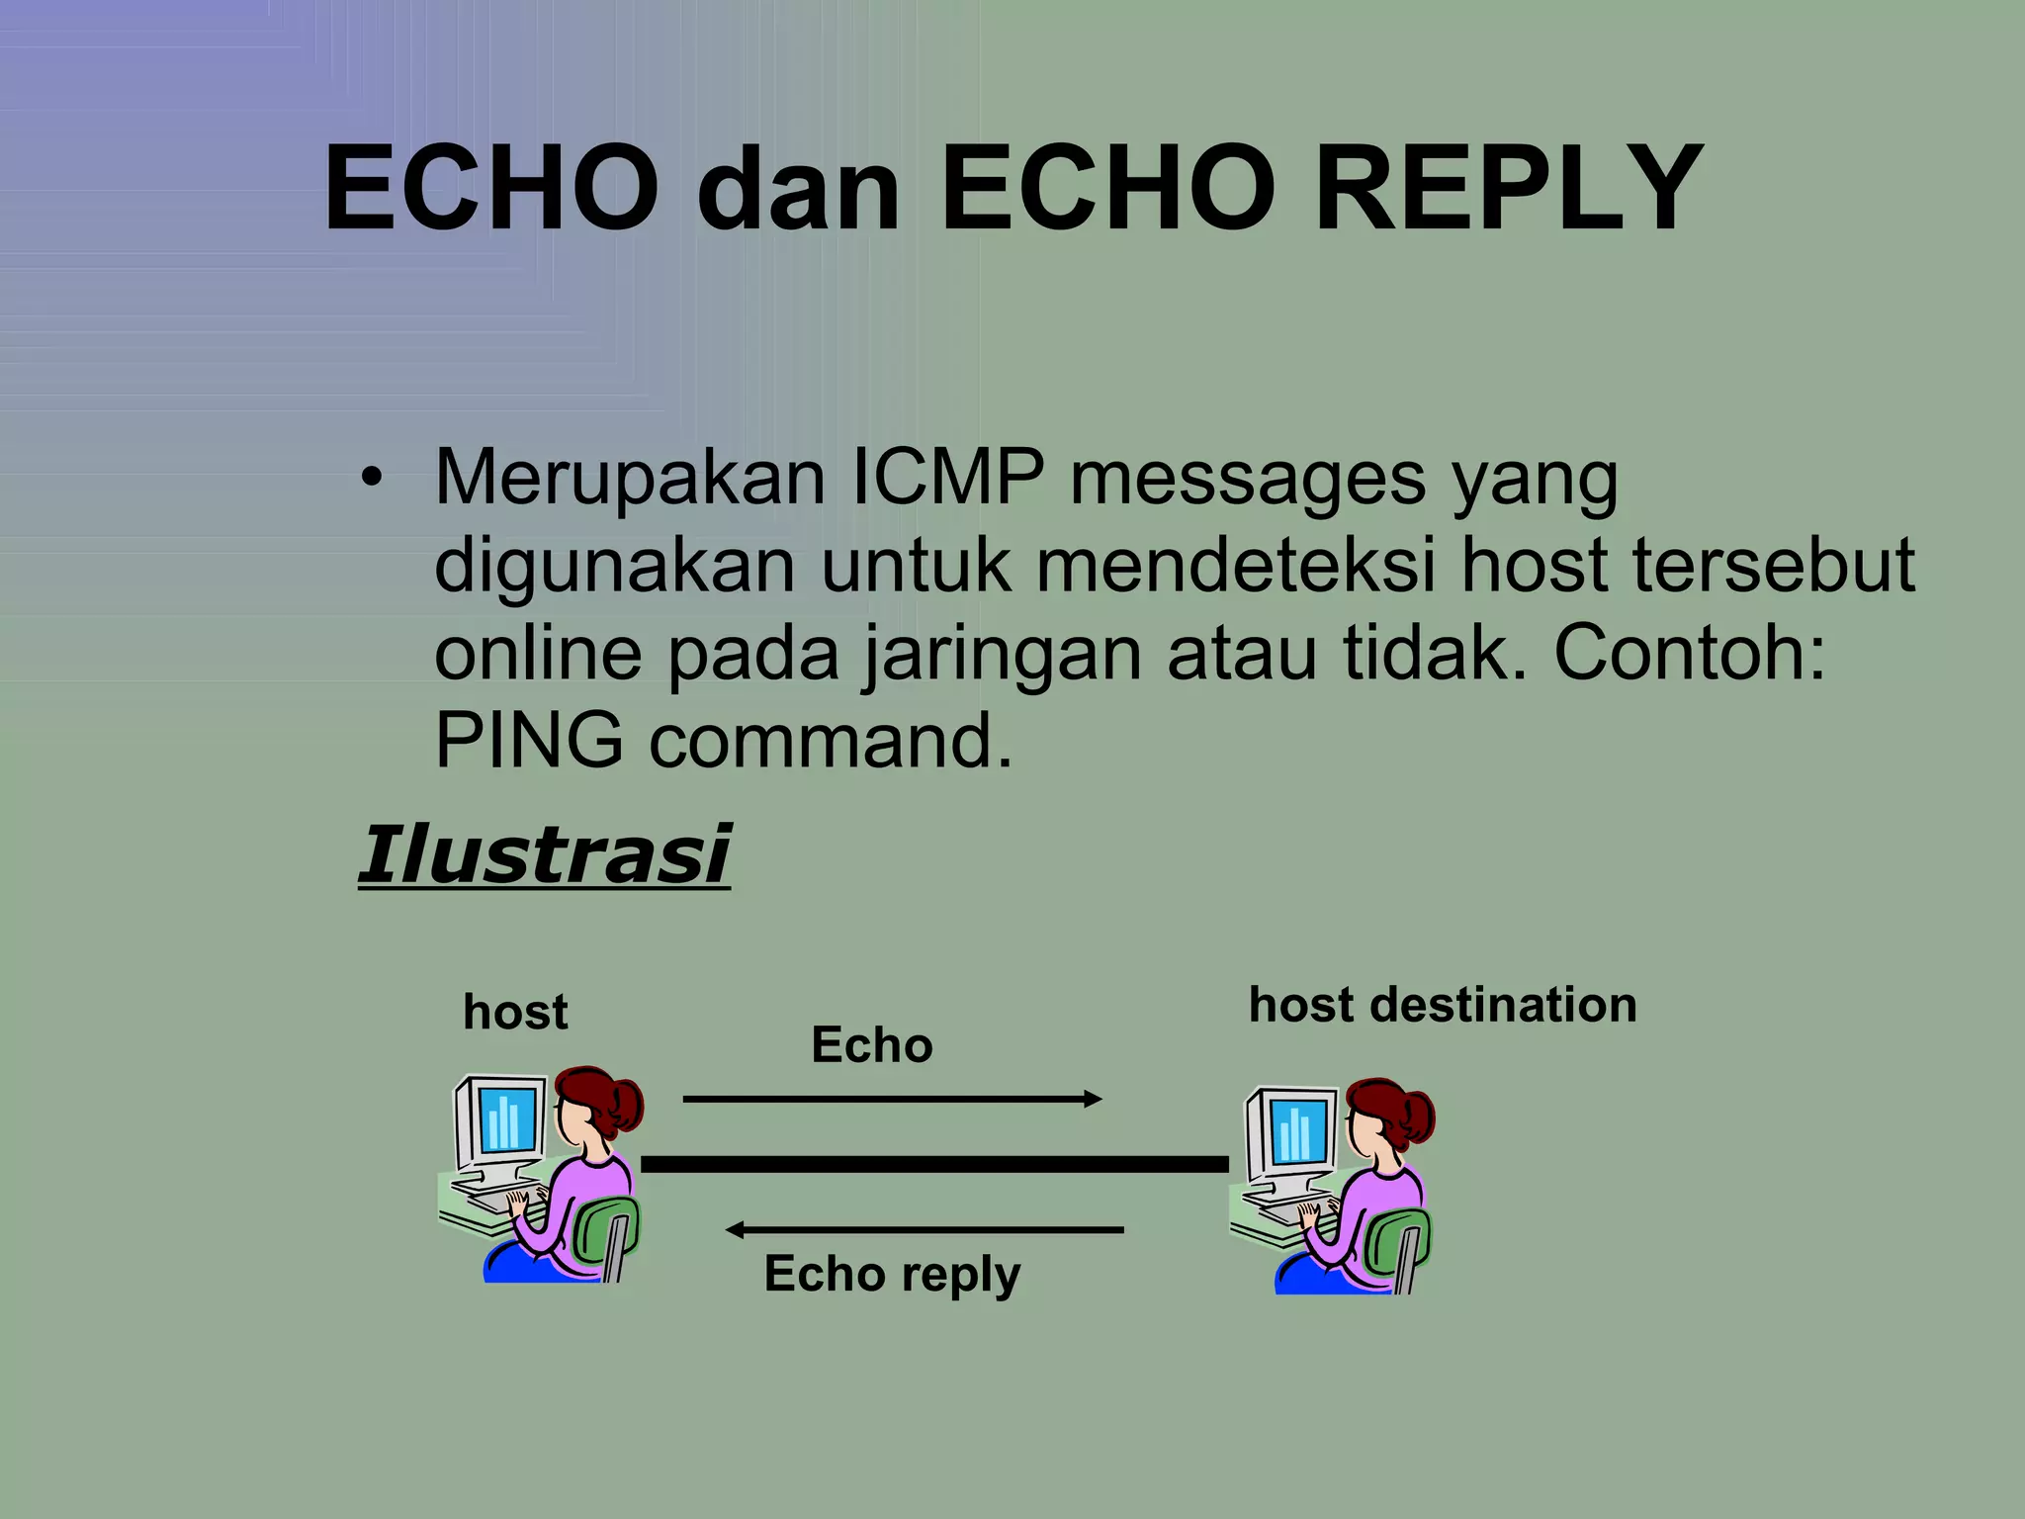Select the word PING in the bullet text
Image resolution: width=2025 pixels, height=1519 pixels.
pyautogui.click(x=529, y=742)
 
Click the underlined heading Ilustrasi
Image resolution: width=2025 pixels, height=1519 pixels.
pyautogui.click(x=544, y=855)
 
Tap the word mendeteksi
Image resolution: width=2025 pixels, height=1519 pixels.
pyautogui.click(x=1235, y=567)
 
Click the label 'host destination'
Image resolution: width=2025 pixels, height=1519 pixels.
pyautogui.click(x=1443, y=1006)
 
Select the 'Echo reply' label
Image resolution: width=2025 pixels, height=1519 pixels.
pyautogui.click(x=892, y=1274)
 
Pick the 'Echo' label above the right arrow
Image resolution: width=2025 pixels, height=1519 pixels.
pyautogui.click(x=871, y=1045)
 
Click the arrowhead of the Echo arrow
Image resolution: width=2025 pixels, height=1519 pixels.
pyautogui.click(x=1094, y=1099)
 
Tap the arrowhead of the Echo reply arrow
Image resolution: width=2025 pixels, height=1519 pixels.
pyautogui.click(x=735, y=1230)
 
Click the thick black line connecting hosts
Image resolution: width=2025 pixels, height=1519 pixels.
pyautogui.click(x=934, y=1164)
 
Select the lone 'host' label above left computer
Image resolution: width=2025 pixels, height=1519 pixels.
pyautogui.click(x=515, y=1013)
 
